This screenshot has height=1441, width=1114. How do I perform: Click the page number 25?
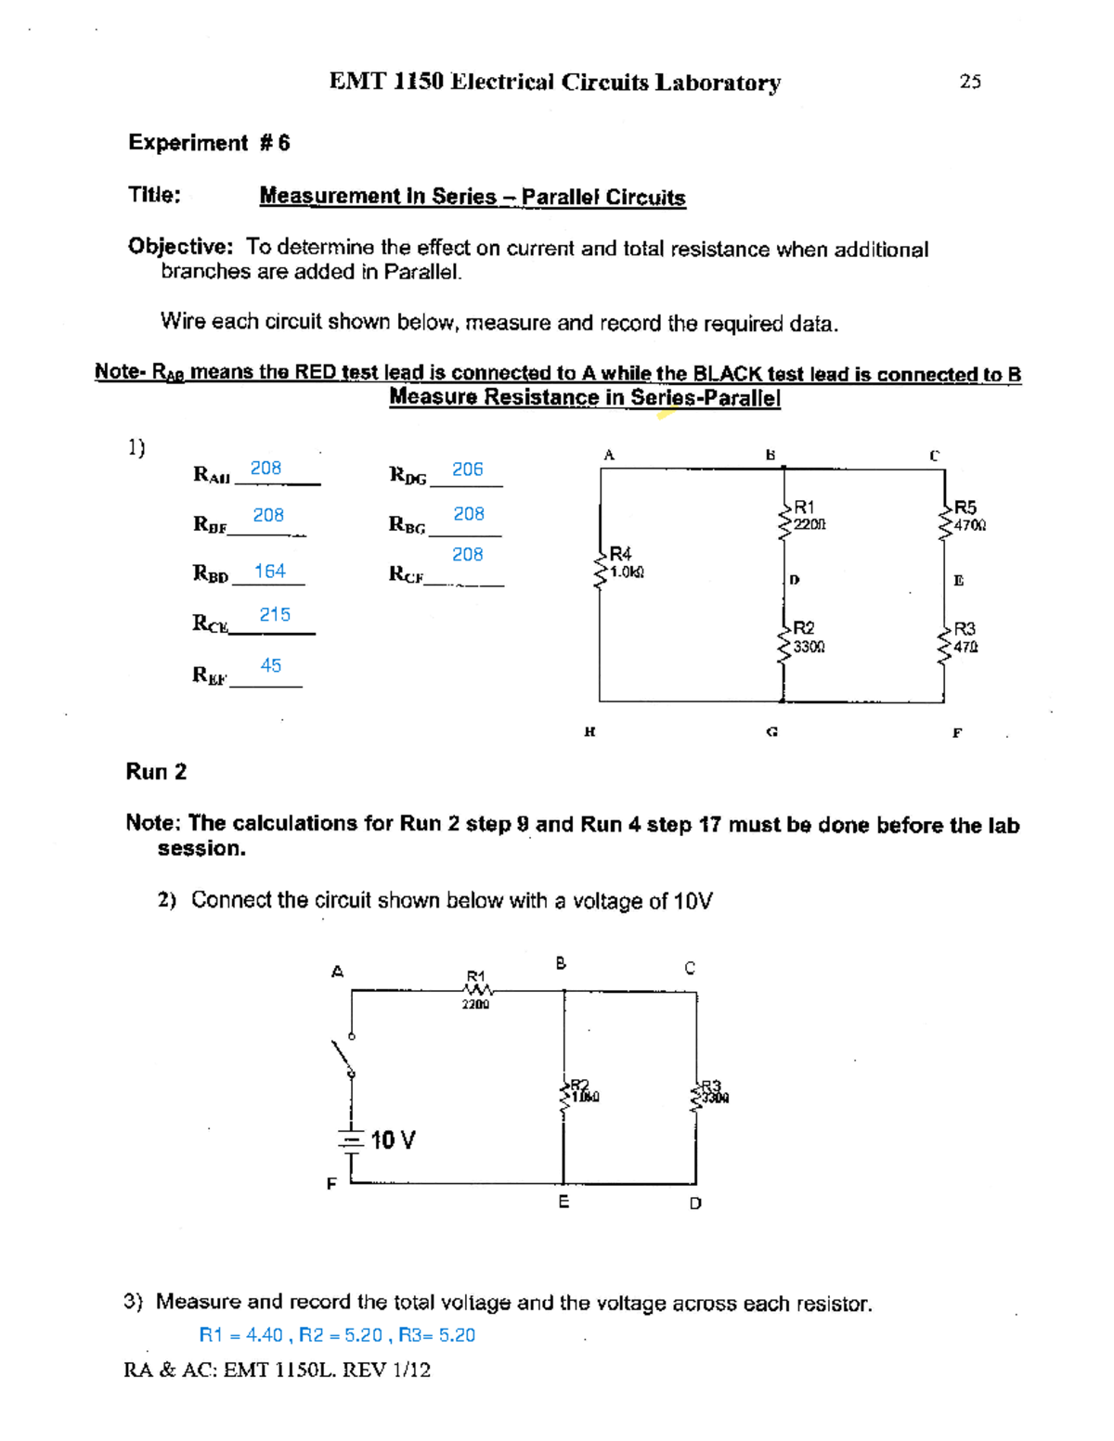[x=970, y=82]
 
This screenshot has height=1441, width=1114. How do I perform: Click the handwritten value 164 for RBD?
[x=270, y=572]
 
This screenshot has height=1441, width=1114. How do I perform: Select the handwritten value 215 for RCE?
[x=275, y=614]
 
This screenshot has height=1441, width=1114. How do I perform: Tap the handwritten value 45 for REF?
[x=271, y=665]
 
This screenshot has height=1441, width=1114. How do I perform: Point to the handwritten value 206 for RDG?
[x=467, y=470]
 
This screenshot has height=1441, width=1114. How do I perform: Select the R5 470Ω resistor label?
[x=969, y=516]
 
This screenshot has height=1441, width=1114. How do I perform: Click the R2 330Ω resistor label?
[x=808, y=637]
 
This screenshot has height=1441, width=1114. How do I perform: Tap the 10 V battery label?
[x=393, y=1140]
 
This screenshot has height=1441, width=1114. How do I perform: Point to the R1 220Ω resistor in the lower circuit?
[x=475, y=989]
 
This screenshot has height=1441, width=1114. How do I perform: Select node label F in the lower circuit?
[x=330, y=1184]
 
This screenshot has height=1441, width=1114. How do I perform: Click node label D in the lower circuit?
[x=695, y=1203]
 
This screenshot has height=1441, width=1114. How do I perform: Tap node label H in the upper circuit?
[x=589, y=732]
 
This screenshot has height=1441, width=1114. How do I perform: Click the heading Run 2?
[x=156, y=772]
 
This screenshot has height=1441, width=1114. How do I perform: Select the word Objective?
[x=180, y=247]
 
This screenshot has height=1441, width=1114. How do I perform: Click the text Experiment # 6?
[x=209, y=143]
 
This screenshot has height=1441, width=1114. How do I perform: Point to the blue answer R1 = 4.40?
[x=240, y=1335]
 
